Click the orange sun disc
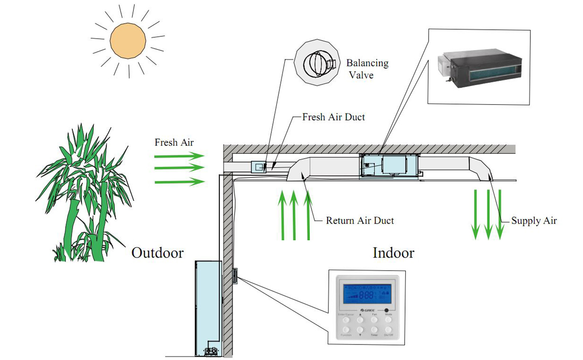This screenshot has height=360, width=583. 128,40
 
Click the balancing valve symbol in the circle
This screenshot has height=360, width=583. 317,63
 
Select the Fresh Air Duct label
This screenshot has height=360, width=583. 333,117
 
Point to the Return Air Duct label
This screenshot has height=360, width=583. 360,220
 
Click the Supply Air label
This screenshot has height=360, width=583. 534,220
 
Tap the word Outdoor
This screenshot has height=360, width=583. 157,253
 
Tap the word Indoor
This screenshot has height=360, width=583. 393,253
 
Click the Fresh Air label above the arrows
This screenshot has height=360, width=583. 174,142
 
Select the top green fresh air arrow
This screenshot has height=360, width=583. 179,156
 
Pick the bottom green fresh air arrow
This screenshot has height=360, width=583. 179,181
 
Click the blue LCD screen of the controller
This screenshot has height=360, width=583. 367,294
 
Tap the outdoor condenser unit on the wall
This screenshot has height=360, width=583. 208,308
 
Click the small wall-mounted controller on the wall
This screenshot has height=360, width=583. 235,276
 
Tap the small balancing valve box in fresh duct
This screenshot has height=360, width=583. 259,167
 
